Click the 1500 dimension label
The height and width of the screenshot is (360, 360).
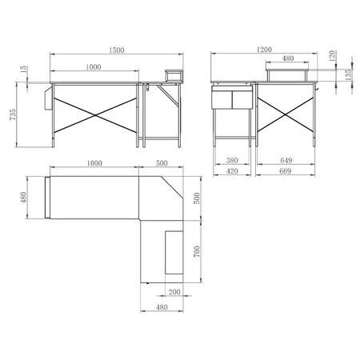pos(117,50)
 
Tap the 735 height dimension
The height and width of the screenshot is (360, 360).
pos(13,114)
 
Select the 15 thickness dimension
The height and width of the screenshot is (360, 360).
pos(24,70)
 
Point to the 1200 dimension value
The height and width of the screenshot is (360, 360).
pos(264,50)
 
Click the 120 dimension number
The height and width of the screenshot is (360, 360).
pos(332,56)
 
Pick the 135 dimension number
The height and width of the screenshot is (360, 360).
pos(348,74)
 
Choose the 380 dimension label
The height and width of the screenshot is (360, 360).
pos(232,160)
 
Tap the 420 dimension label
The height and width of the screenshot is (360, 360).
pos(232,171)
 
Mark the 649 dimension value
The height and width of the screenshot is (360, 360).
pos(286,160)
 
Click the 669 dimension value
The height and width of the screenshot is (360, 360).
pos(285,171)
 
